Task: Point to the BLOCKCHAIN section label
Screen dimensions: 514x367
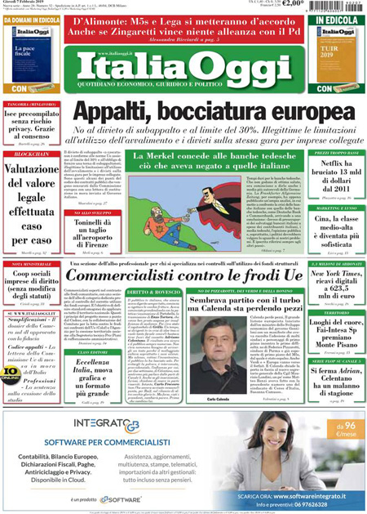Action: [31, 154]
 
